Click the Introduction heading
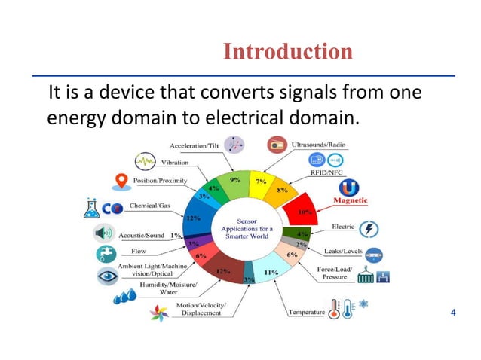(287, 52)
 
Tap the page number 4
(453, 312)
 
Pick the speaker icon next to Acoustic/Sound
(104, 233)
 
